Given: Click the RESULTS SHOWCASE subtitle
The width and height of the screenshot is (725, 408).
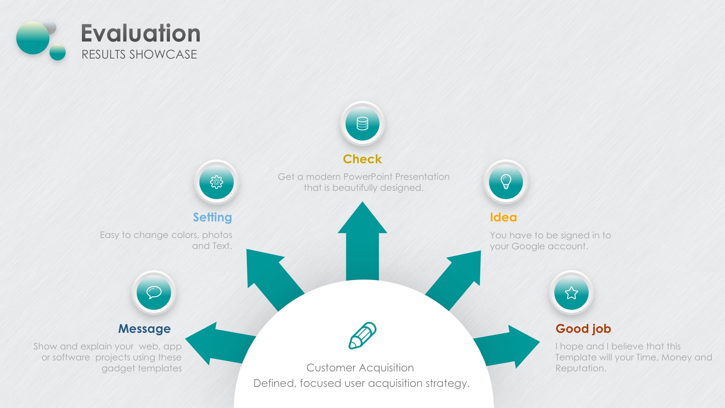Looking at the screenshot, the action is tap(139, 54).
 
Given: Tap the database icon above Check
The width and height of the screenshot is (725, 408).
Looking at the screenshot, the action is tap(362, 124).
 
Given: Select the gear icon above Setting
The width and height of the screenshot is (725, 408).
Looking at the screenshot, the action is tap(216, 182).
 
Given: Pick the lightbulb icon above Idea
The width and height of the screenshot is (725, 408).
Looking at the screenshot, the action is tap(506, 182).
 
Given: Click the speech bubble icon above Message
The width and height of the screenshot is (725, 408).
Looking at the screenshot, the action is tap(154, 292).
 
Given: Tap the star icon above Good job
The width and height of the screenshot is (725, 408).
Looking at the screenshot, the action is tap(571, 293).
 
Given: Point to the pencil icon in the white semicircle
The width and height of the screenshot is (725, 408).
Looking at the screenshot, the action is tap(362, 335).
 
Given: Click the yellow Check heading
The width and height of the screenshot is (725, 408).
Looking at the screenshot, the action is tap(362, 159).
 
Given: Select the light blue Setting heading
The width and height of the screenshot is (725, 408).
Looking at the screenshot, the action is tap(213, 217).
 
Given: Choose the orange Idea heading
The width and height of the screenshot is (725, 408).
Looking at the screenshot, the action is tap(503, 217).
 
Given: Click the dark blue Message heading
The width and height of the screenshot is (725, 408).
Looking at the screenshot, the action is tap(145, 329).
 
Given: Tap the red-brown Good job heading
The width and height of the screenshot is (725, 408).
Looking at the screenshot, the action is tap(583, 329).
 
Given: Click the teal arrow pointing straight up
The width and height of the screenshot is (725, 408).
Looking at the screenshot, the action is tap(362, 242).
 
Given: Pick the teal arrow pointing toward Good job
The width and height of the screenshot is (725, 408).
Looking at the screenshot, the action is tap(506, 346).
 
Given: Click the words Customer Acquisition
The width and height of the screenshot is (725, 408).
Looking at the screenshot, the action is tap(360, 368).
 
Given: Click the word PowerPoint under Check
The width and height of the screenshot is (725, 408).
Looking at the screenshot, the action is tap(368, 177).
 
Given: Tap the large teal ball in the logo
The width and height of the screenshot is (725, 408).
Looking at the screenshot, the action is tap(33, 38).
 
